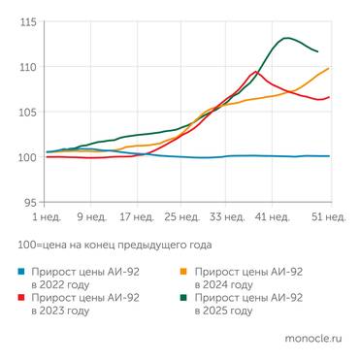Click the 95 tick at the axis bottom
pos(30,202)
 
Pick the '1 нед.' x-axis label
pos(49,217)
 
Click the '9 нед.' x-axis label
pos(90,217)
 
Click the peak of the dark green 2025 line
pos(287,38)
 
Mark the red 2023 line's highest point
pos(255,72)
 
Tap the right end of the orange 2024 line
pos(330,68)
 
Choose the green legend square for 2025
pos(183,298)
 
